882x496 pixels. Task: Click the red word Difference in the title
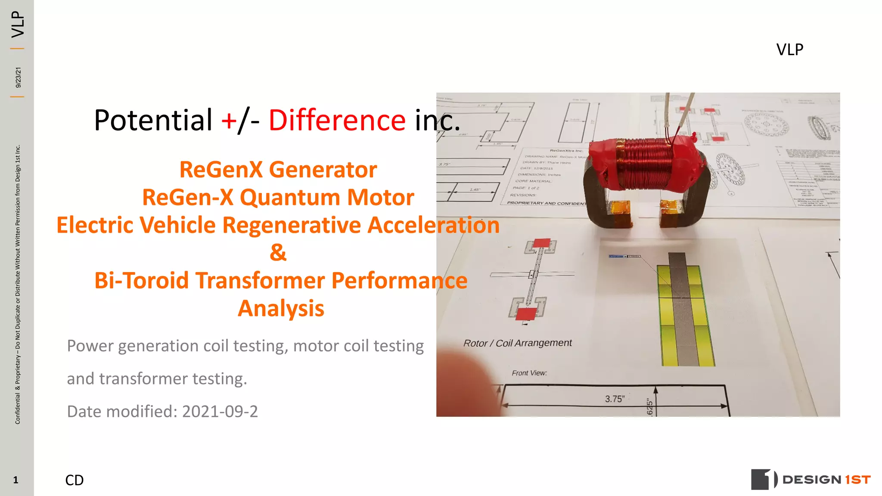337,120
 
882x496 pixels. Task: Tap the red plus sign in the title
229,121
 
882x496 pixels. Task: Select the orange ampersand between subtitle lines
278,252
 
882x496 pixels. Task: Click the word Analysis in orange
281,309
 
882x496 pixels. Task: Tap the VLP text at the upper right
789,50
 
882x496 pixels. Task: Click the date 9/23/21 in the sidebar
18,77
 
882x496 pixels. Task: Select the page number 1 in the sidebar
16,480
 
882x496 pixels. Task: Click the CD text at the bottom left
74,480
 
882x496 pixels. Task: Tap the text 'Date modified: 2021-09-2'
162,412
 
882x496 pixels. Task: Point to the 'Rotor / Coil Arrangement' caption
517,343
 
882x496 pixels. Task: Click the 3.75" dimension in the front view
614,399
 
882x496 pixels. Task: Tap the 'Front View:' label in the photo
529,373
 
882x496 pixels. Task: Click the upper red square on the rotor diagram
541,243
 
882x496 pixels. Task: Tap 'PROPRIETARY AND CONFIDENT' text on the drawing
546,203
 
